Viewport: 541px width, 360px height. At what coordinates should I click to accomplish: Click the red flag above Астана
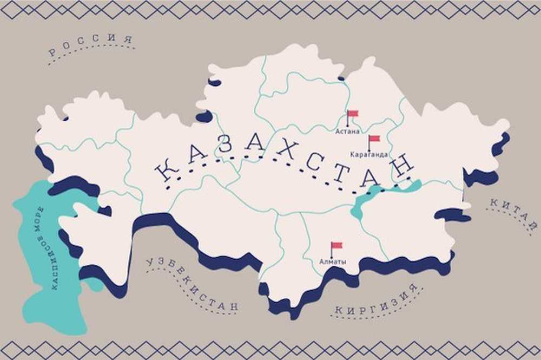(x=353, y=114)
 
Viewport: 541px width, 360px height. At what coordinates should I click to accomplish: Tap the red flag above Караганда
(x=374, y=139)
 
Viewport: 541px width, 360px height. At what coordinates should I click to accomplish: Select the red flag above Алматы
(x=337, y=246)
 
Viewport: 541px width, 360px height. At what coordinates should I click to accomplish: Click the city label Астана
(x=347, y=131)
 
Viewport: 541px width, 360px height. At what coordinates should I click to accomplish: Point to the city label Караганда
(x=369, y=154)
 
